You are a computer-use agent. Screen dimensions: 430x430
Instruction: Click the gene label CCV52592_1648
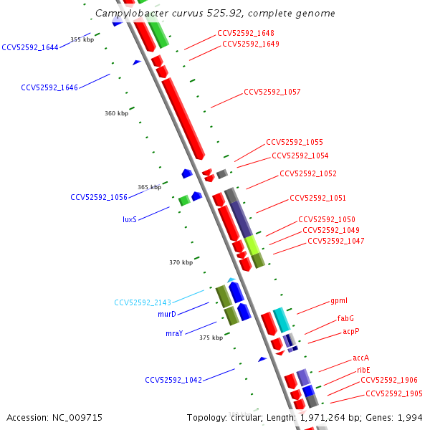pos(245,33)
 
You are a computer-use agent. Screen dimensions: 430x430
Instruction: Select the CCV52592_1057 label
pos(272,92)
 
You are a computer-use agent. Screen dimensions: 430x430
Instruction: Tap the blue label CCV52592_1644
pos(30,47)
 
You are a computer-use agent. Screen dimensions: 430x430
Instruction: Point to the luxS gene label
pos(129,219)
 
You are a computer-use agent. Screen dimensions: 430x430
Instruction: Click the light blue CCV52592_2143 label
pos(143,302)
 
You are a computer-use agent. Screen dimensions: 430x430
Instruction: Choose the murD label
pos(166,314)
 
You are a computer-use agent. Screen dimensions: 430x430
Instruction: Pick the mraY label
pos(174,333)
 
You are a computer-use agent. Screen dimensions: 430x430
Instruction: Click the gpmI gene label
pos(339,301)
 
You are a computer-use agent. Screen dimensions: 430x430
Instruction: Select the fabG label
pos(345,318)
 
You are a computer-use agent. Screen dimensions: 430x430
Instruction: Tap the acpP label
pos(350,332)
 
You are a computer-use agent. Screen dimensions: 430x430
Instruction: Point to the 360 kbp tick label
pos(116,113)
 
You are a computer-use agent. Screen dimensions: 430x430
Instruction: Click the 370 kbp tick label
pos(181,262)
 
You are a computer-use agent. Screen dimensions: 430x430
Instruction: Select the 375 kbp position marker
pos(211,338)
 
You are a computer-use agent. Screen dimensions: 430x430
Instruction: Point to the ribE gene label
pos(363,370)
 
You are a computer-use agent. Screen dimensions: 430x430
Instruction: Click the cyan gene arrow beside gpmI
pos(282,320)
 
